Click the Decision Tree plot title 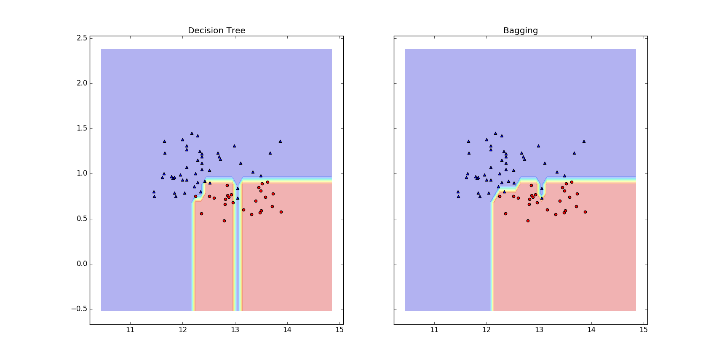tap(217, 31)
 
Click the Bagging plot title tap(521, 31)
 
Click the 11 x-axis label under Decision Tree tap(130, 330)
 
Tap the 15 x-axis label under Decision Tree tap(339, 330)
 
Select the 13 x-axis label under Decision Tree tap(235, 330)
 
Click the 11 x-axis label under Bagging tap(434, 330)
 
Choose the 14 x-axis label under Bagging tap(591, 330)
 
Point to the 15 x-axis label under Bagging tap(644, 330)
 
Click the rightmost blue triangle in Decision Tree tap(280, 141)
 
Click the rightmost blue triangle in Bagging tap(584, 141)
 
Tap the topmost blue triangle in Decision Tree tap(192, 133)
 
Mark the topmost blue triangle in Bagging tap(495, 133)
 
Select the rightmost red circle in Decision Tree tap(281, 212)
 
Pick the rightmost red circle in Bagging tap(585, 212)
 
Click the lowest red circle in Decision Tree tap(224, 221)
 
